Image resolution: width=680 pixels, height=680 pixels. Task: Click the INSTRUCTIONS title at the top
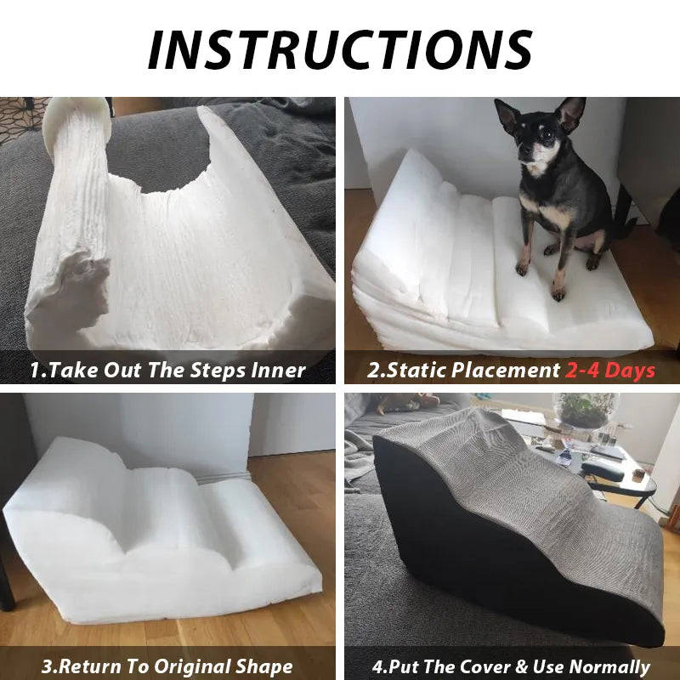(340, 48)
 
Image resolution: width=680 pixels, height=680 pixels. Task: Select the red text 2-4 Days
(610, 370)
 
